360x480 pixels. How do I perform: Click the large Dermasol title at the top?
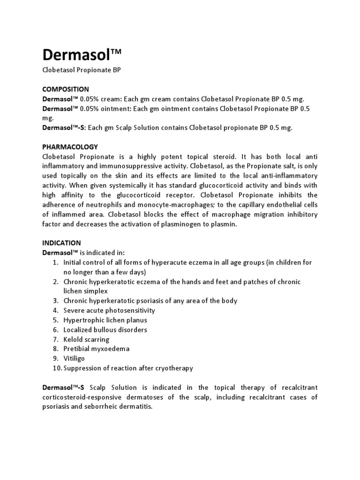click(x=82, y=55)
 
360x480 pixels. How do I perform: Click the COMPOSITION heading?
click(x=66, y=89)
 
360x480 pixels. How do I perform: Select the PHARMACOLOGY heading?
click(x=70, y=147)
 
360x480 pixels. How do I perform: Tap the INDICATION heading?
click(x=61, y=243)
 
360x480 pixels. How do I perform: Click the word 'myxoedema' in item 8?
click(x=111, y=349)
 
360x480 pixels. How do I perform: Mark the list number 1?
click(x=55, y=262)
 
